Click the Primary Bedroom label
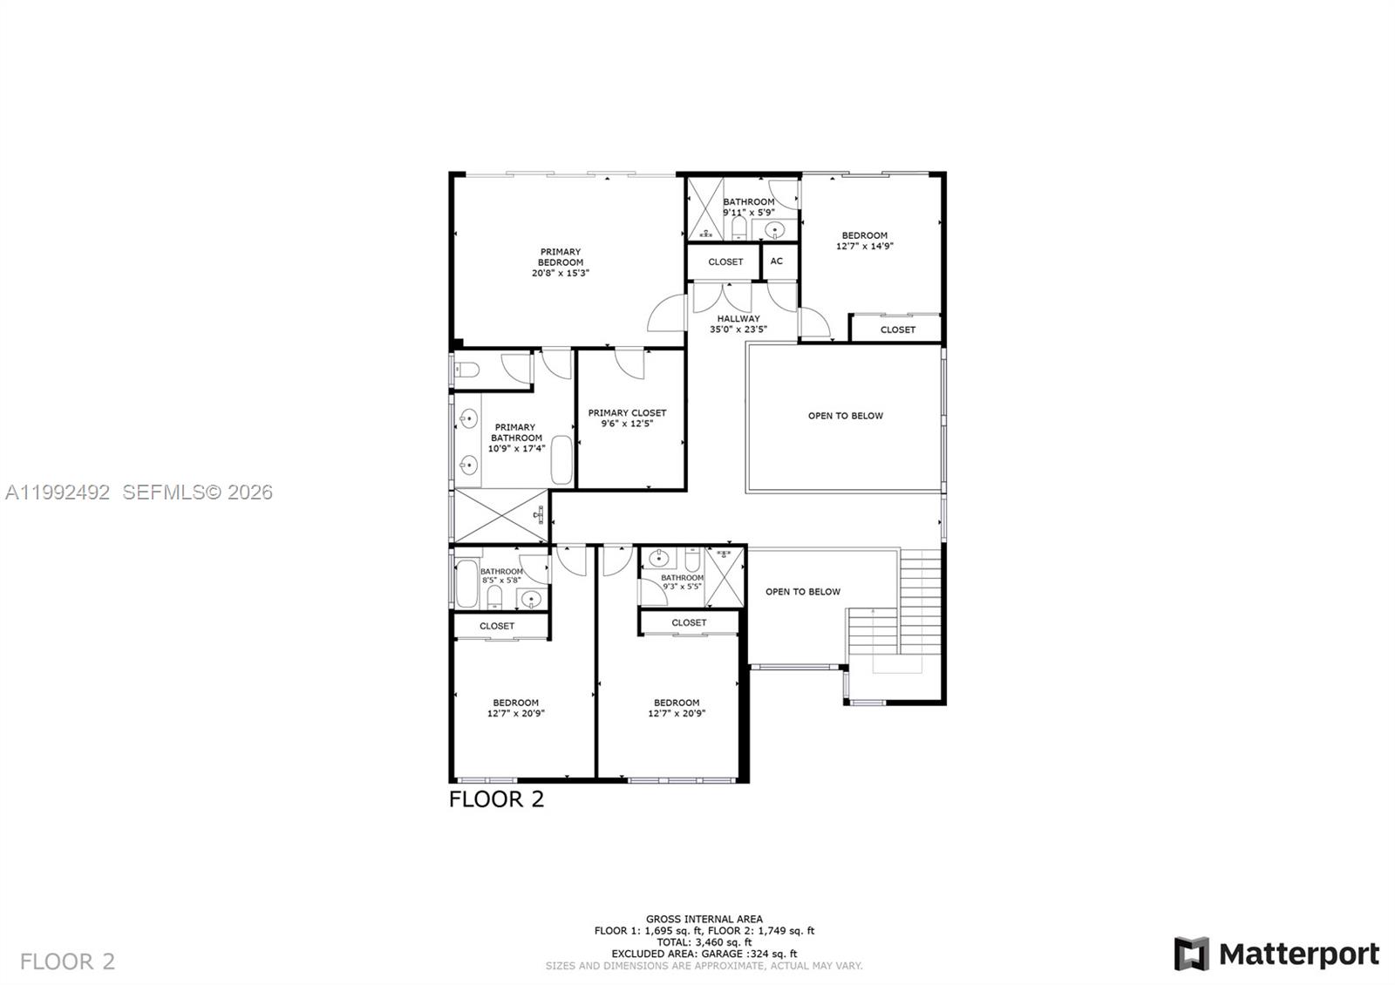(560, 262)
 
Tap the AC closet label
(777, 262)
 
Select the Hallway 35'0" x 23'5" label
(738, 324)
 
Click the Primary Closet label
(627, 418)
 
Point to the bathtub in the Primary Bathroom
(562, 461)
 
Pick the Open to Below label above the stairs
(803, 592)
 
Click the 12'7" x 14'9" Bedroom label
(864, 241)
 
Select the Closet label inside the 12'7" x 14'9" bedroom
(897, 329)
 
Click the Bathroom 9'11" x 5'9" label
(748, 207)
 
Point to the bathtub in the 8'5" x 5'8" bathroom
(466, 584)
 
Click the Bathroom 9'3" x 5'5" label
(682, 582)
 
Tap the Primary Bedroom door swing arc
(667, 314)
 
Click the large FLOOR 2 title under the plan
(496, 799)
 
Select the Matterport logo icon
(1191, 954)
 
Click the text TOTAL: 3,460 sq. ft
(704, 942)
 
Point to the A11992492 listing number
(58, 492)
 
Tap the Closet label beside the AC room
(725, 262)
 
